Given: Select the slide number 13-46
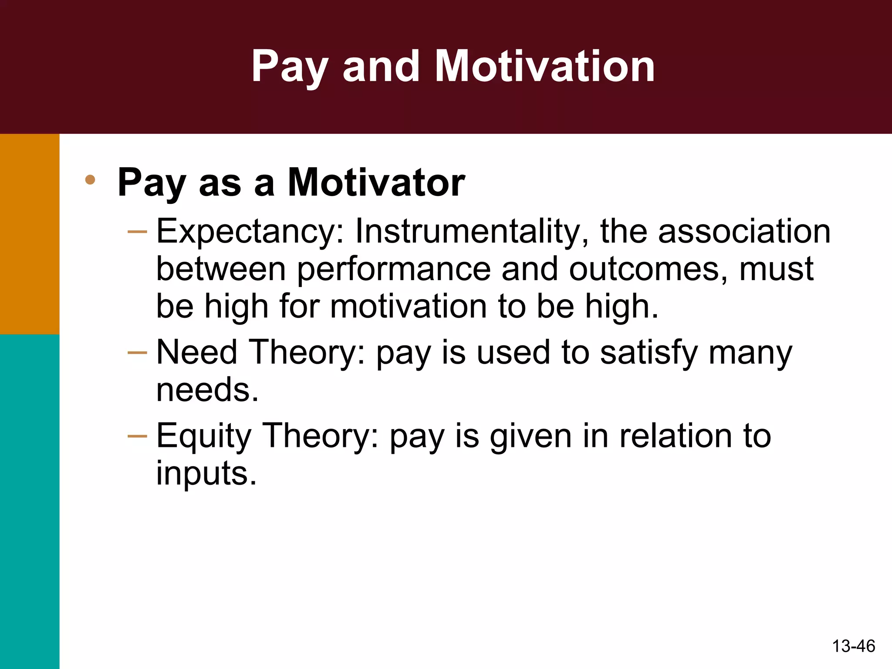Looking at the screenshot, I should click(853, 646).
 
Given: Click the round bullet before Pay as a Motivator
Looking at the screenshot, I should click(90, 179).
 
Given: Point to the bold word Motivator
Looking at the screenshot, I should click(376, 183).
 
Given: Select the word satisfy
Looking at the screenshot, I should click(649, 353).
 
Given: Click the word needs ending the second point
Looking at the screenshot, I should click(207, 389).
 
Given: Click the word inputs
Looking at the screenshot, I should click(206, 474).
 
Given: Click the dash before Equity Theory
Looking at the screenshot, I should click(138, 436).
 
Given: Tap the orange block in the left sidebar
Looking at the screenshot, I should click(30, 234).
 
